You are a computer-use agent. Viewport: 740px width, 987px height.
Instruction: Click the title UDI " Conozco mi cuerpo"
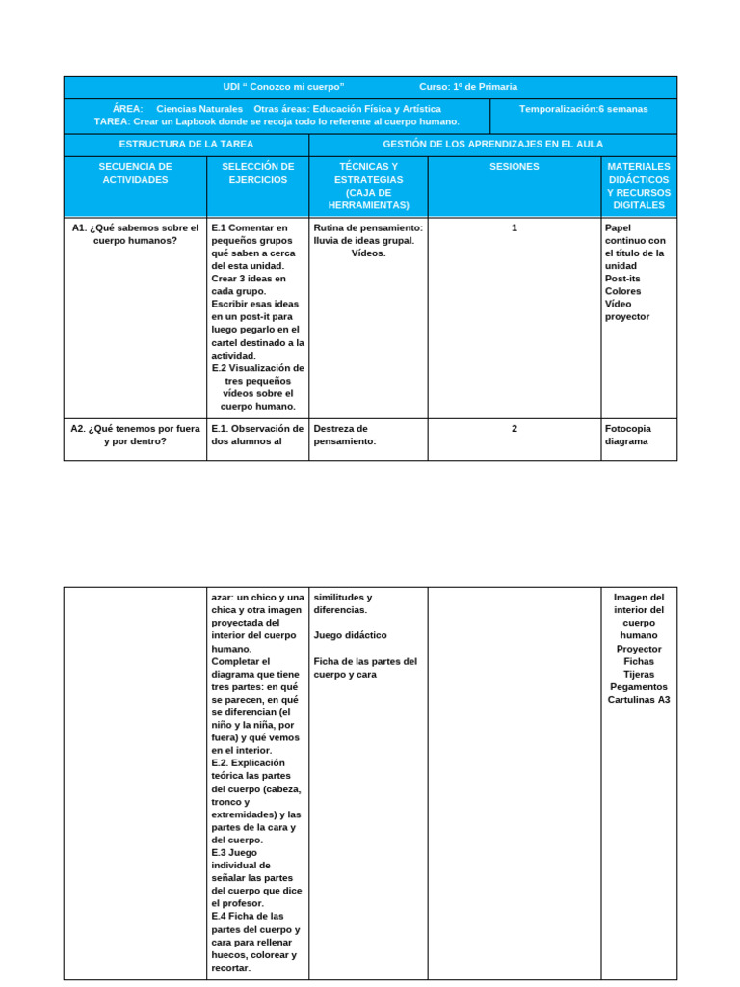283,87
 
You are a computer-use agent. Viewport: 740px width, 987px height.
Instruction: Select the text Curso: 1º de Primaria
468,87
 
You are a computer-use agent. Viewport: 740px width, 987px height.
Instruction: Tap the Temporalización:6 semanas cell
583,109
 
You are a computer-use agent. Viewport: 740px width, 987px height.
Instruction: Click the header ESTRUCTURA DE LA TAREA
186,144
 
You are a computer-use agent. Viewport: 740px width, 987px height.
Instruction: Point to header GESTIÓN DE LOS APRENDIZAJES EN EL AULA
492,144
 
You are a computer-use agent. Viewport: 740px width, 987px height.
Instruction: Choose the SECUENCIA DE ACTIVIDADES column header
135,173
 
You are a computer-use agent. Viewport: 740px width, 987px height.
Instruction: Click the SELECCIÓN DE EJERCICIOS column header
257,173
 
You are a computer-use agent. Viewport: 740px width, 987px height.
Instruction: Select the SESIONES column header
515,167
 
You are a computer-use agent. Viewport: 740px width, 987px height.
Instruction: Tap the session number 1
515,228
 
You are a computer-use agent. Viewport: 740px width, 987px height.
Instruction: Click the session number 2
515,429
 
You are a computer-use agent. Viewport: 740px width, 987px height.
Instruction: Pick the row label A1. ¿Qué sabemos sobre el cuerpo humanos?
135,234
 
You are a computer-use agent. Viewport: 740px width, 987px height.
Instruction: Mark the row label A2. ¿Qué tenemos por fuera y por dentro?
135,435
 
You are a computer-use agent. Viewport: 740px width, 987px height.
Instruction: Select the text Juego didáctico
350,636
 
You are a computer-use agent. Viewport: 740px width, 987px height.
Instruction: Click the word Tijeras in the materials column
639,675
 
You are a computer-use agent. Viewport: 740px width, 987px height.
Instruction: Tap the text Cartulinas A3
639,700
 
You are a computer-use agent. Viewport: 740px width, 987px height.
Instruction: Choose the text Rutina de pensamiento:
369,228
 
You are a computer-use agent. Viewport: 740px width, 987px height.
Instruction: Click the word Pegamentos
639,687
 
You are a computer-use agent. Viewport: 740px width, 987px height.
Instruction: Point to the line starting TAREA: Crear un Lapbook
277,121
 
